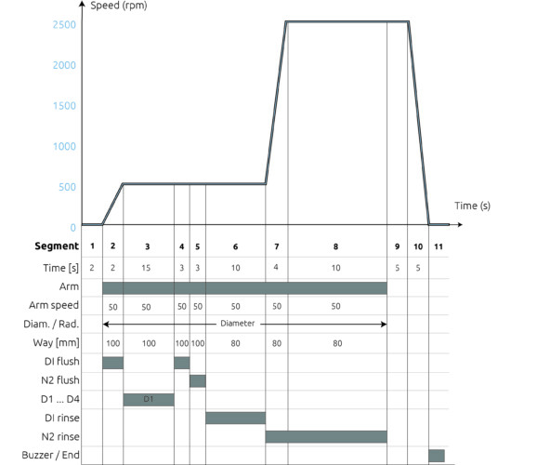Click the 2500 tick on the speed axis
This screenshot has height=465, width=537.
64,25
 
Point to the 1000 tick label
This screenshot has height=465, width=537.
64,146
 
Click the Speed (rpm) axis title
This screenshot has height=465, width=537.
119,6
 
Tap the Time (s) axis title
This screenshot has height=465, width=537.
472,206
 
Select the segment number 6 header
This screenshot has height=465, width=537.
235,246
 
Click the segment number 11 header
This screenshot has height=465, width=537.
439,246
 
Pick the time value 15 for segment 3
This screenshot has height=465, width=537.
146,268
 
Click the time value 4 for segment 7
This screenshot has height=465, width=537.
276,267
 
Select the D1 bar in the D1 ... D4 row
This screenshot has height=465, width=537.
149,400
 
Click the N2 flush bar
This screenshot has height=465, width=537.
198,381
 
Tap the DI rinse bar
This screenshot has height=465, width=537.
236,418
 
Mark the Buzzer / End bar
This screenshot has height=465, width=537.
437,456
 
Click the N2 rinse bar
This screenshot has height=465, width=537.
326,437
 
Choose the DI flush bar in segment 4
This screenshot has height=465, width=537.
182,363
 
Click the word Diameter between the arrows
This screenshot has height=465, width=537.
237,324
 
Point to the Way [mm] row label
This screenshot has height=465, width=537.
56,342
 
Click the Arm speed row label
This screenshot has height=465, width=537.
54,305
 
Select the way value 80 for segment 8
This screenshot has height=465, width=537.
337,343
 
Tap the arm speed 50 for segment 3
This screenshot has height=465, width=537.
146,307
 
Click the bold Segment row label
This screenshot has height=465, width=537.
57,246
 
